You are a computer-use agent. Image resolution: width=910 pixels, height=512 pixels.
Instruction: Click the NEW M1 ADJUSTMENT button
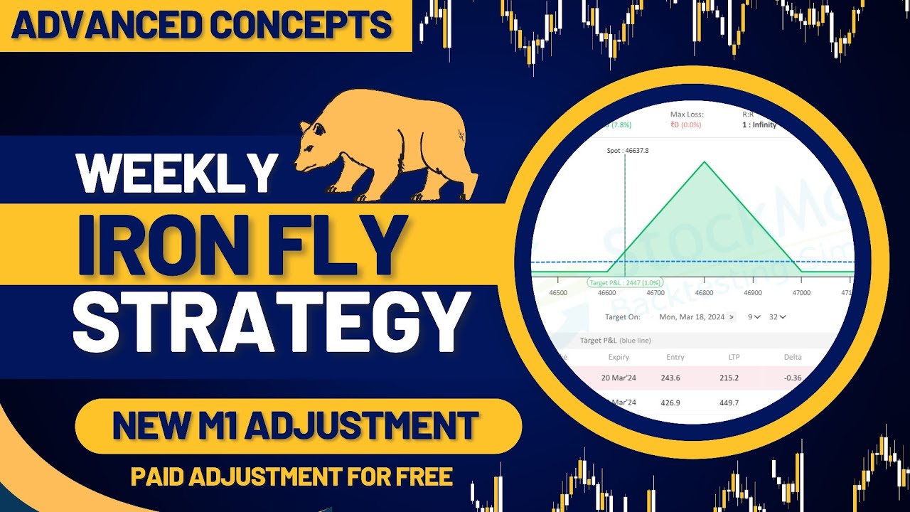tap(295, 426)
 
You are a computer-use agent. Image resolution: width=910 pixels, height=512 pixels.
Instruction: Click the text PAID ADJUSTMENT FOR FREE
tap(291, 476)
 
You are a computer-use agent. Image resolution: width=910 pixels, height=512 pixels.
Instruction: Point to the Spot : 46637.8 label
tap(609, 150)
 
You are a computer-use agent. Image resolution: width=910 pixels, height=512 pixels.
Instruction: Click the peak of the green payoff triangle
tap(705, 162)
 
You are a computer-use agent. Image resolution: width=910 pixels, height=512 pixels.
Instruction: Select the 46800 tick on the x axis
tap(705, 292)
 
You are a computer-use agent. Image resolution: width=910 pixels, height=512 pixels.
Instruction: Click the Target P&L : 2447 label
tap(625, 282)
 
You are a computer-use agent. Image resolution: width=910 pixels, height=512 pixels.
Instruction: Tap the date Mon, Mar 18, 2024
tap(692, 316)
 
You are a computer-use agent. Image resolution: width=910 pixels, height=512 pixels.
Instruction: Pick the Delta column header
tap(792, 357)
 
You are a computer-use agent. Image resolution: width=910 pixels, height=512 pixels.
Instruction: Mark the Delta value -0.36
tap(792, 378)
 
